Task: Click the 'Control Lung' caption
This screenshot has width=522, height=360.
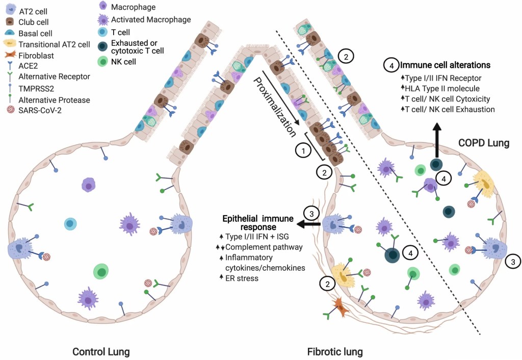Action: (101, 352)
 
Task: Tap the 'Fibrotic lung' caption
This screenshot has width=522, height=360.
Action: (335, 352)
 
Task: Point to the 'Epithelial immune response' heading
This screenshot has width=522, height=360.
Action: (257, 222)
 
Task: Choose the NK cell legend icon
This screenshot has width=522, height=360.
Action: (103, 62)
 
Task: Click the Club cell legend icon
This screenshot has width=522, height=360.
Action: (9, 22)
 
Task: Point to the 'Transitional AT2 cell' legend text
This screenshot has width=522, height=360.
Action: (54, 44)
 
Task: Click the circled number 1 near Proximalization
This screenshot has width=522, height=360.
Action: (303, 151)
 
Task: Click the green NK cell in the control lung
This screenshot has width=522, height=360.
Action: (101, 272)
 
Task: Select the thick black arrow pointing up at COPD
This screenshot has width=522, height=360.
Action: (436, 138)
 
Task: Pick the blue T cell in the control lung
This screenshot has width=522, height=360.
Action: (70, 224)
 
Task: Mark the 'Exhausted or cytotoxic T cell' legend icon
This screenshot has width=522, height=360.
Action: (103, 45)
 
